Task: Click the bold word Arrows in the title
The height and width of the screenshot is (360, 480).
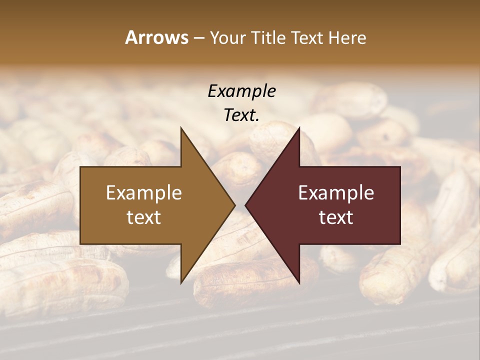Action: coord(156,37)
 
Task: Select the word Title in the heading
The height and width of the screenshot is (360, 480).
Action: coord(270,38)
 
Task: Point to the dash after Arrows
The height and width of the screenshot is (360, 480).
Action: coord(198,38)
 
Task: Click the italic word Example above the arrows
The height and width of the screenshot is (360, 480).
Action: coord(241,91)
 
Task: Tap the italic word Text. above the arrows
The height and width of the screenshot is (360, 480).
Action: coord(241,115)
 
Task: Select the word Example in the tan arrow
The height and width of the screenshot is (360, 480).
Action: coord(144,193)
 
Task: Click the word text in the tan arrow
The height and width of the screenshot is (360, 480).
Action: coord(144,217)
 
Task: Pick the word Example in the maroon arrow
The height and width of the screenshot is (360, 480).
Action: coord(336,193)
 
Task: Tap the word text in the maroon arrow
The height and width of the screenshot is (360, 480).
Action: coord(336,217)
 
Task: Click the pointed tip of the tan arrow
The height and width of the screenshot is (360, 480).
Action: coord(235,205)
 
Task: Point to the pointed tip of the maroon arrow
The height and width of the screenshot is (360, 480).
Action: coord(245,205)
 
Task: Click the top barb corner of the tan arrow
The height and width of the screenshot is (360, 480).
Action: coord(181,127)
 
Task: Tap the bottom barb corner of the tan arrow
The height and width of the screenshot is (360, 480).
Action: coord(181,283)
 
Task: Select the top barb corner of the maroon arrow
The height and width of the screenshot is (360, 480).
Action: coord(299,127)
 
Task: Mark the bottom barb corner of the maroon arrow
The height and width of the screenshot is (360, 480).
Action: coord(299,283)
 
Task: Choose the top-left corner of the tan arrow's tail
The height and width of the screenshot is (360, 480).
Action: coord(80,167)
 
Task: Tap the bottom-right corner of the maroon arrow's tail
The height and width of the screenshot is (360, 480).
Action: coord(400,244)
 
